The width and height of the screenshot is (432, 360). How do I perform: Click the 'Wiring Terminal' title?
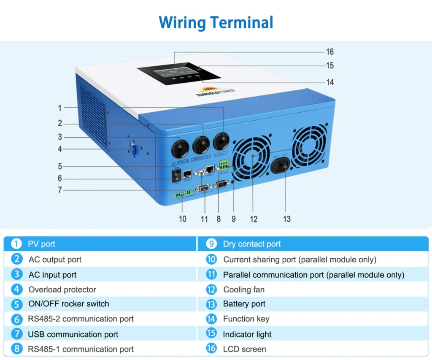tap(216, 22)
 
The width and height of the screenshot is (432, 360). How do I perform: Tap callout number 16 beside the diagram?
tap(330, 52)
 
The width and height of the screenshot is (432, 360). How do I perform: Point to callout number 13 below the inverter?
tap(287, 219)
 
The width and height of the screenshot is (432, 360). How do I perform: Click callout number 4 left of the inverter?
tap(60, 149)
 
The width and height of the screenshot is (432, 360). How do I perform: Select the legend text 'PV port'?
tap(41, 244)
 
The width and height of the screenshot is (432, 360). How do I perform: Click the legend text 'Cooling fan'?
tap(244, 290)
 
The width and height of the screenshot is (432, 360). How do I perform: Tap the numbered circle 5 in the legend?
tap(16, 304)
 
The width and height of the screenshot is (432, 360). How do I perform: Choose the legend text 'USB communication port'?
tap(73, 334)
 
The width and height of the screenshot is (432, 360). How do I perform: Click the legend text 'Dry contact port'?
tap(252, 244)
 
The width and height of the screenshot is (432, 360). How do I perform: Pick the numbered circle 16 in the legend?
tap(211, 349)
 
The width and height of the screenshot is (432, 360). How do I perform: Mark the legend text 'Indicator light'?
tap(247, 334)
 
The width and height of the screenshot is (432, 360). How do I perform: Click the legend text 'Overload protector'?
tap(62, 290)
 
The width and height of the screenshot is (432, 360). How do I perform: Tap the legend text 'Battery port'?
tap(244, 304)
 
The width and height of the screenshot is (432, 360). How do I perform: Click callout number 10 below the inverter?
tap(182, 219)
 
